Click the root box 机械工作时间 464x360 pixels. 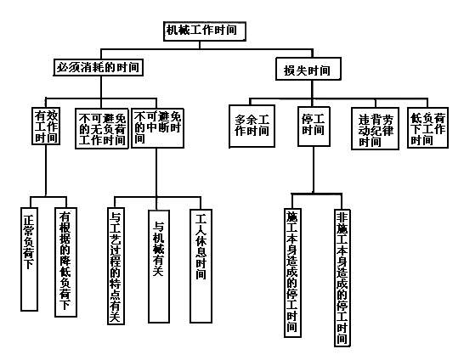[207, 31]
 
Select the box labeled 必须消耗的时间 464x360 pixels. [98, 67]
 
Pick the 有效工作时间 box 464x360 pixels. [46, 126]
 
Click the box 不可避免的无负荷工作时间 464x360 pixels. [102, 128]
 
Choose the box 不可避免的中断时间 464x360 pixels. [157, 127]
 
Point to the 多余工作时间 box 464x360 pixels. [251, 126]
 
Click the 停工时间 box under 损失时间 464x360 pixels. [313, 126]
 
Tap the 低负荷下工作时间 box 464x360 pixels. [428, 127]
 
